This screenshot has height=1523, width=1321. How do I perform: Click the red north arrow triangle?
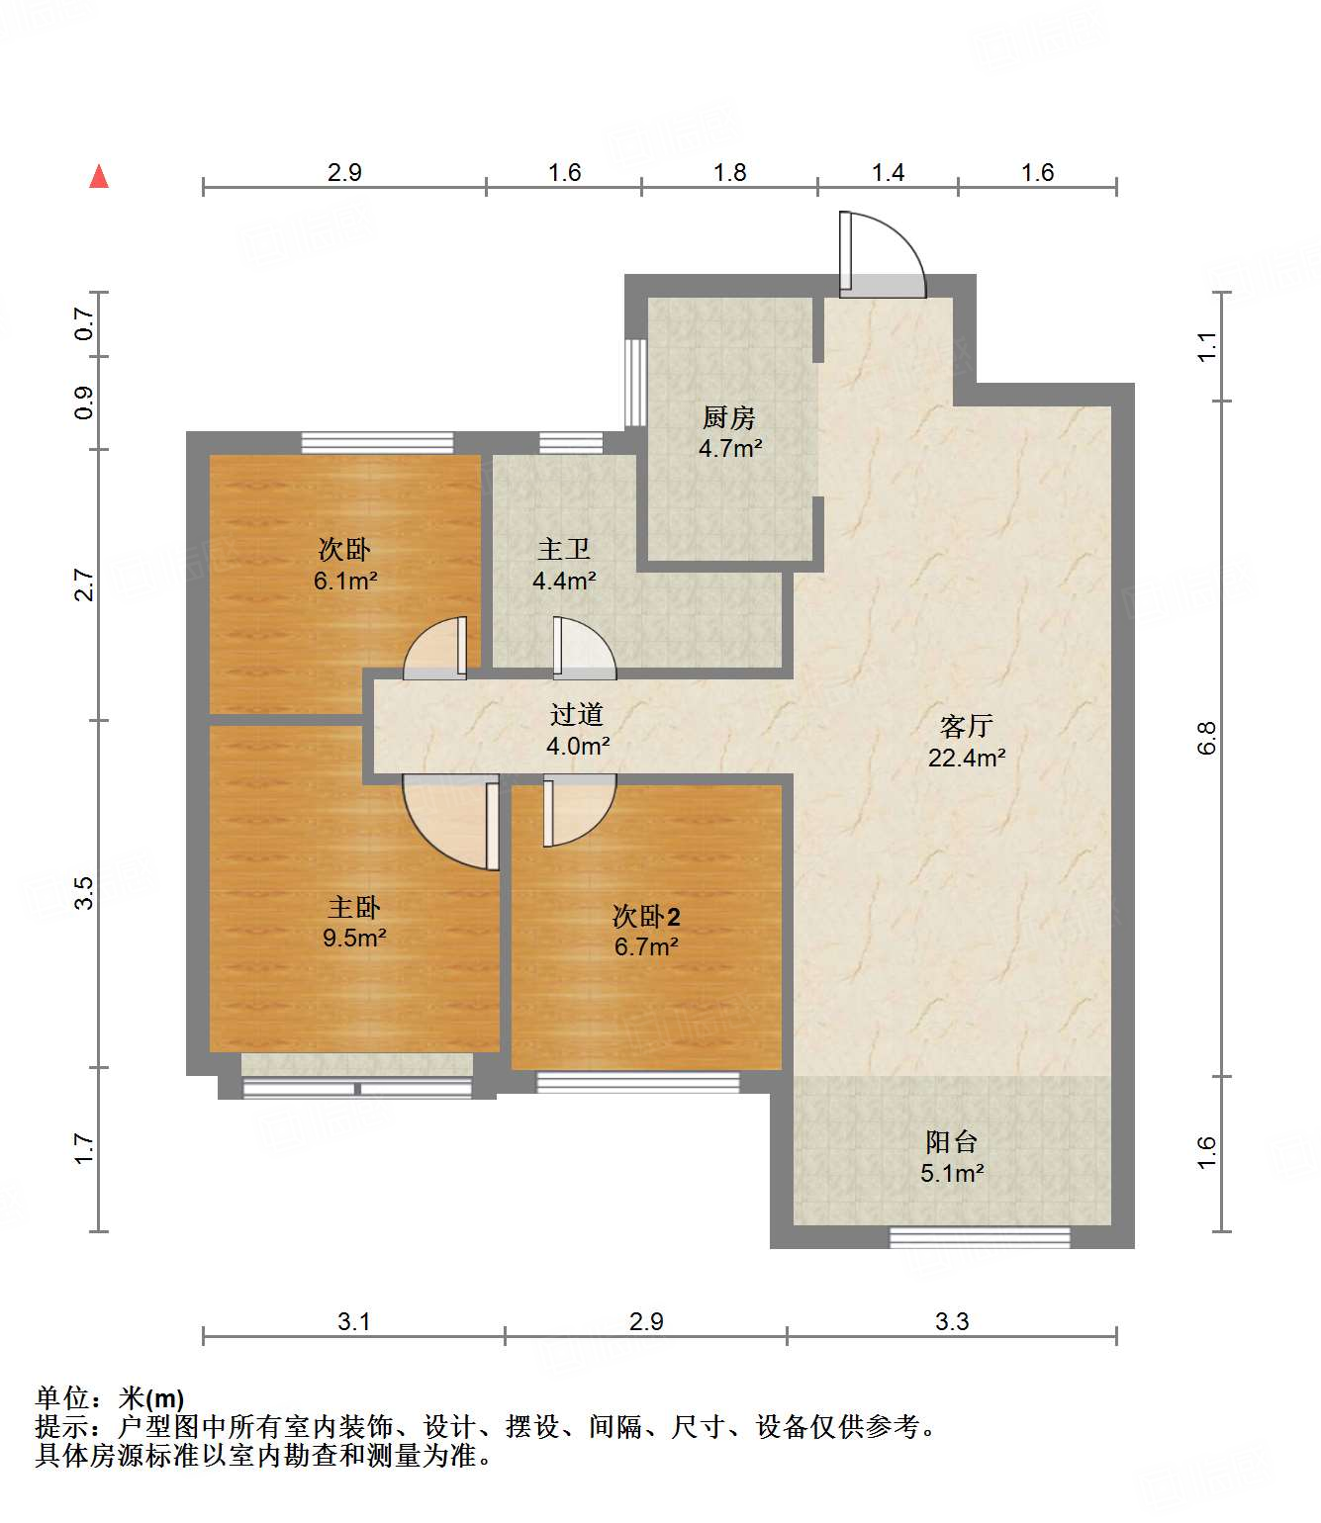tap(99, 177)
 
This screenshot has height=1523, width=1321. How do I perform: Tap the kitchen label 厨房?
tap(729, 418)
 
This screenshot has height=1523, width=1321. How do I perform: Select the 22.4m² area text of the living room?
tap(966, 759)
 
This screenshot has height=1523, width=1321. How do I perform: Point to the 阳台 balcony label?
tap(951, 1142)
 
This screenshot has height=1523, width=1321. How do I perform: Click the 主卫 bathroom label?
tap(563, 550)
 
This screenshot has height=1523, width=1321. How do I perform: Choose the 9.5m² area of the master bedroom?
tap(354, 938)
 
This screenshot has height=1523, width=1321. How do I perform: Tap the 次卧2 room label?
tap(646, 916)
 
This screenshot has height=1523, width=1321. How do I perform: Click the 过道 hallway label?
tap(577, 714)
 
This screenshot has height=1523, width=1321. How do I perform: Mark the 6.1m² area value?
tap(345, 582)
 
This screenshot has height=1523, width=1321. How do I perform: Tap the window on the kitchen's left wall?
tap(635, 383)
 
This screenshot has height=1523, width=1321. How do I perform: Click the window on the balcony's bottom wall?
tap(980, 1237)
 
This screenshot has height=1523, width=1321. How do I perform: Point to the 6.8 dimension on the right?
tap(1206, 738)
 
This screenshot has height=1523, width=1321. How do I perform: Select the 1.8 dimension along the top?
tap(730, 173)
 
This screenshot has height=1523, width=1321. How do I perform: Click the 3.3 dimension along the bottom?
tap(952, 1321)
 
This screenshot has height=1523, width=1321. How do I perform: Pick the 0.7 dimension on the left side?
tap(85, 323)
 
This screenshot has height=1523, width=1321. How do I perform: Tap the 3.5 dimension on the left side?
tap(85, 893)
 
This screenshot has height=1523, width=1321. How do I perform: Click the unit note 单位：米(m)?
tap(110, 1398)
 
